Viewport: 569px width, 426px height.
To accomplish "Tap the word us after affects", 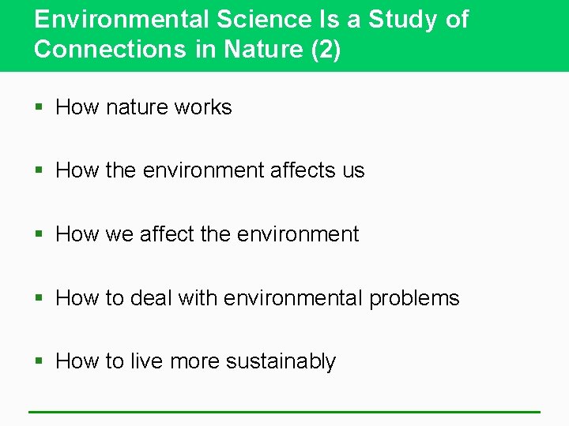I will point(353,170).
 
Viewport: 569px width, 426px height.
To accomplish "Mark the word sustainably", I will point(281,361).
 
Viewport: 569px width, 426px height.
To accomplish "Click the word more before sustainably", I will point(195,361).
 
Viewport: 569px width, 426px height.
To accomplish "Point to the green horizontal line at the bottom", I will point(284,411).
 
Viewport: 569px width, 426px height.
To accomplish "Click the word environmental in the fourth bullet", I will point(292,298).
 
